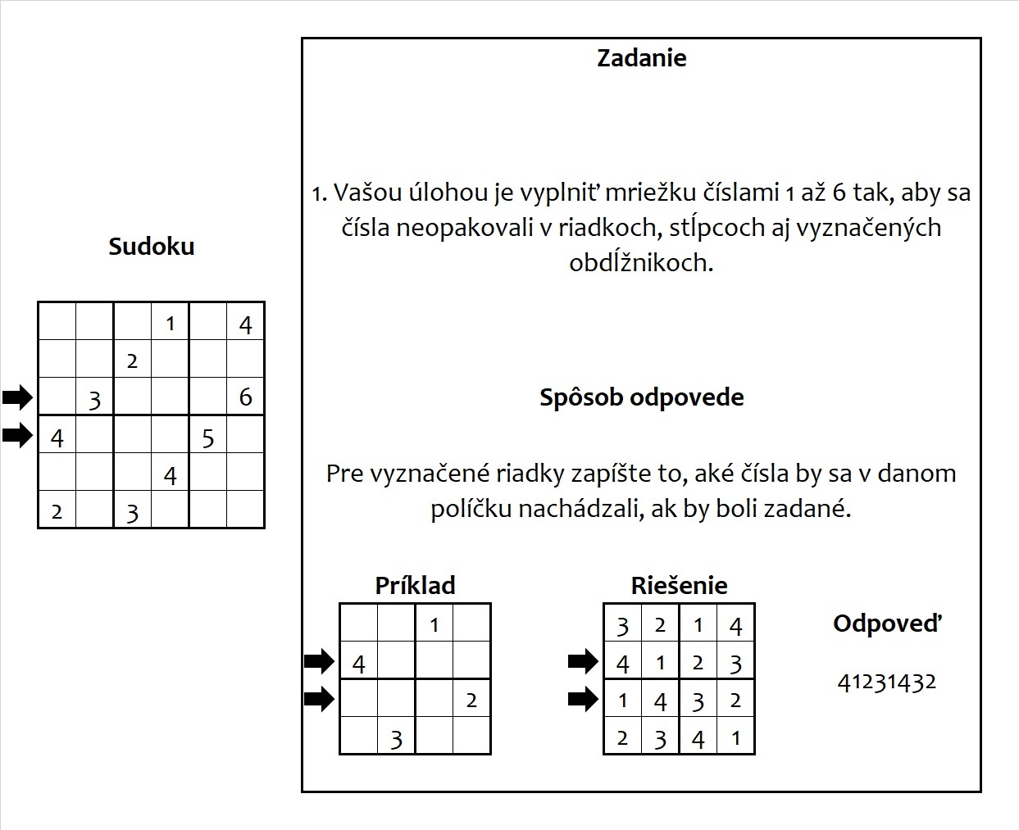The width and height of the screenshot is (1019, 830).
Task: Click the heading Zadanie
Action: click(x=641, y=58)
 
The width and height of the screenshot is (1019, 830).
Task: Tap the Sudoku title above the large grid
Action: click(x=152, y=247)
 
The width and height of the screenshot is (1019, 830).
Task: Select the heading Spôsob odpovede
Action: click(x=641, y=397)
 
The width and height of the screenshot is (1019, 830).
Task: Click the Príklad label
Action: click(x=415, y=585)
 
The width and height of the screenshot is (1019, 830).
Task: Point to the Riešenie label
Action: click(x=679, y=585)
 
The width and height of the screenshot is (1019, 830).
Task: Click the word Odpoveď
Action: click(x=887, y=624)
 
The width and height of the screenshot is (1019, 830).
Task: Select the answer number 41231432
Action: click(x=887, y=682)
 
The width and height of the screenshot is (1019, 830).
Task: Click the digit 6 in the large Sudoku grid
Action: click(x=245, y=397)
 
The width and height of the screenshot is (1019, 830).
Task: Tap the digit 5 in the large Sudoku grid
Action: click(x=207, y=438)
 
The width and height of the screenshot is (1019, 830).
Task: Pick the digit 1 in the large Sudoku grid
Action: click(x=170, y=324)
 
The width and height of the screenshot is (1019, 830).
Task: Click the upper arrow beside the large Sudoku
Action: click(x=17, y=398)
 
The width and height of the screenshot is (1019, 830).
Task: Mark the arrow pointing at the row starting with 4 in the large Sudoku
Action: click(x=17, y=435)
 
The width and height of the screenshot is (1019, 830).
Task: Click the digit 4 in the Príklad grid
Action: click(x=358, y=663)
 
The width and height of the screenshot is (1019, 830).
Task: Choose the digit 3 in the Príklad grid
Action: click(x=396, y=740)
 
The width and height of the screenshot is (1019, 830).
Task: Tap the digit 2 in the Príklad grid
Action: click(x=471, y=701)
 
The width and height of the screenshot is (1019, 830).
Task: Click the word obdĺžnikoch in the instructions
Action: click(x=641, y=263)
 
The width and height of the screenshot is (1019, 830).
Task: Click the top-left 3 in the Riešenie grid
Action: click(x=622, y=627)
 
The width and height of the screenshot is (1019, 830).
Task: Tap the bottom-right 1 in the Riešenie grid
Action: click(x=735, y=738)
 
